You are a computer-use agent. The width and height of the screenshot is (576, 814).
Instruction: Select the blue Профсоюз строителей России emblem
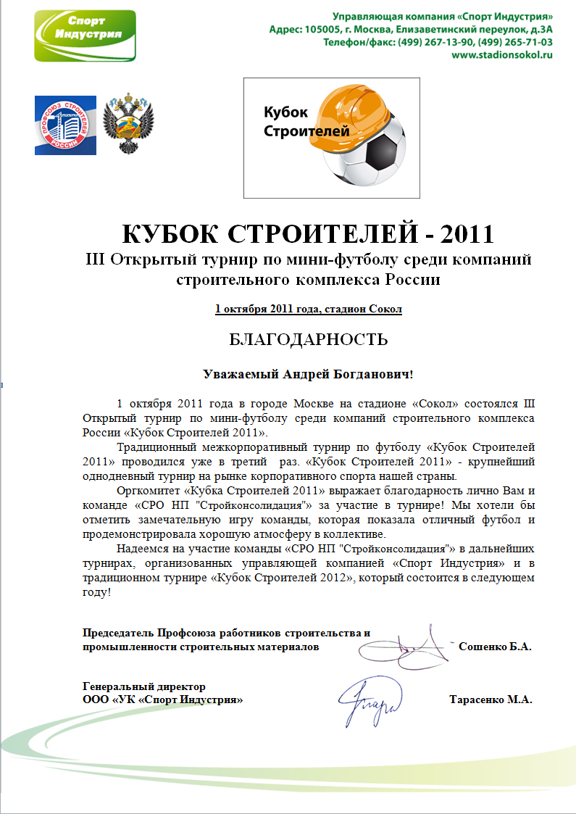click(x=65, y=125)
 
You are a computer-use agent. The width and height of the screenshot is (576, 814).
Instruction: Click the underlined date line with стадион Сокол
click(x=308, y=310)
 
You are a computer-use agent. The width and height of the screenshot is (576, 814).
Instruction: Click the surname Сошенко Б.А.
click(x=495, y=647)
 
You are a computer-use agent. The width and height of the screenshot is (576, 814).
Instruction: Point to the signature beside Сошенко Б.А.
click(x=414, y=644)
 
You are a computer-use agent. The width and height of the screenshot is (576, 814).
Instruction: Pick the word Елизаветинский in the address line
click(x=430, y=29)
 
